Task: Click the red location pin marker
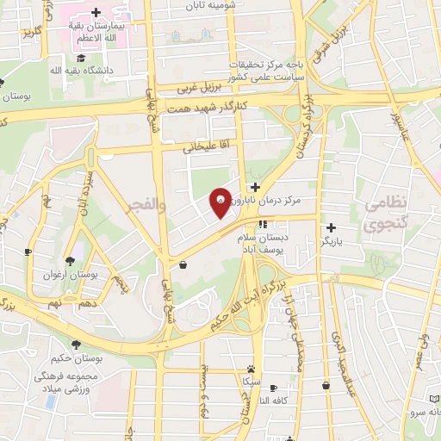[x=220, y=202]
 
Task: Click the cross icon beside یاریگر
[x=329, y=228]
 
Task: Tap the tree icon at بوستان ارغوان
[x=70, y=261]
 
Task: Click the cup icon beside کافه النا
[x=274, y=388]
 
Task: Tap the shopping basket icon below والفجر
[x=183, y=265]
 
